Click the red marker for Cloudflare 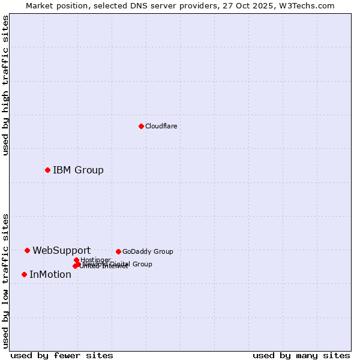tap(141, 126)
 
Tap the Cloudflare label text tap(161, 126)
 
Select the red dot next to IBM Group tap(47, 170)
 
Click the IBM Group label tap(78, 170)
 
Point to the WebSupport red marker tap(27, 250)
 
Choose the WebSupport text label tap(61, 250)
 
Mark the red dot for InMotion tap(24, 274)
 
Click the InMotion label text tap(50, 275)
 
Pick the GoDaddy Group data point tap(118, 251)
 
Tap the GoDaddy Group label tap(148, 251)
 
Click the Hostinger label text tap(95, 260)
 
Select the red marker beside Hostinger tap(76, 260)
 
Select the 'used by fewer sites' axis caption tap(62, 355)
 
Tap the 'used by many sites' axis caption tap(301, 355)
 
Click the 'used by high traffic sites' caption tap(5, 85)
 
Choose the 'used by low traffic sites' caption tap(5, 280)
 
